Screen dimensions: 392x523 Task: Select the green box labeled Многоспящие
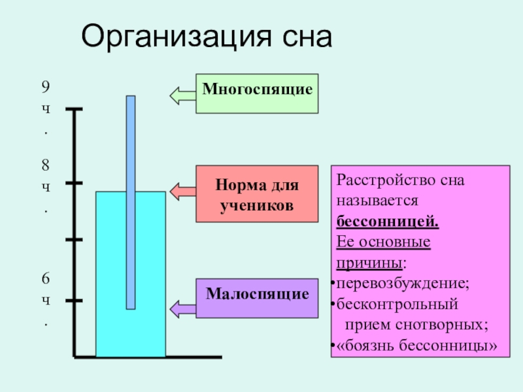click(257, 93)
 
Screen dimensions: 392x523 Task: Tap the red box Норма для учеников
click(257, 193)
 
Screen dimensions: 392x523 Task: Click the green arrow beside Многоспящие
click(182, 95)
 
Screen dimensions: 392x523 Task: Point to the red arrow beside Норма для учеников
click(182, 191)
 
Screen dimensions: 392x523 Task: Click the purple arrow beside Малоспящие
click(182, 307)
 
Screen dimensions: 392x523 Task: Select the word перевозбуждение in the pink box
click(400, 284)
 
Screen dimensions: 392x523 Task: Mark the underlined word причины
click(369, 263)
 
